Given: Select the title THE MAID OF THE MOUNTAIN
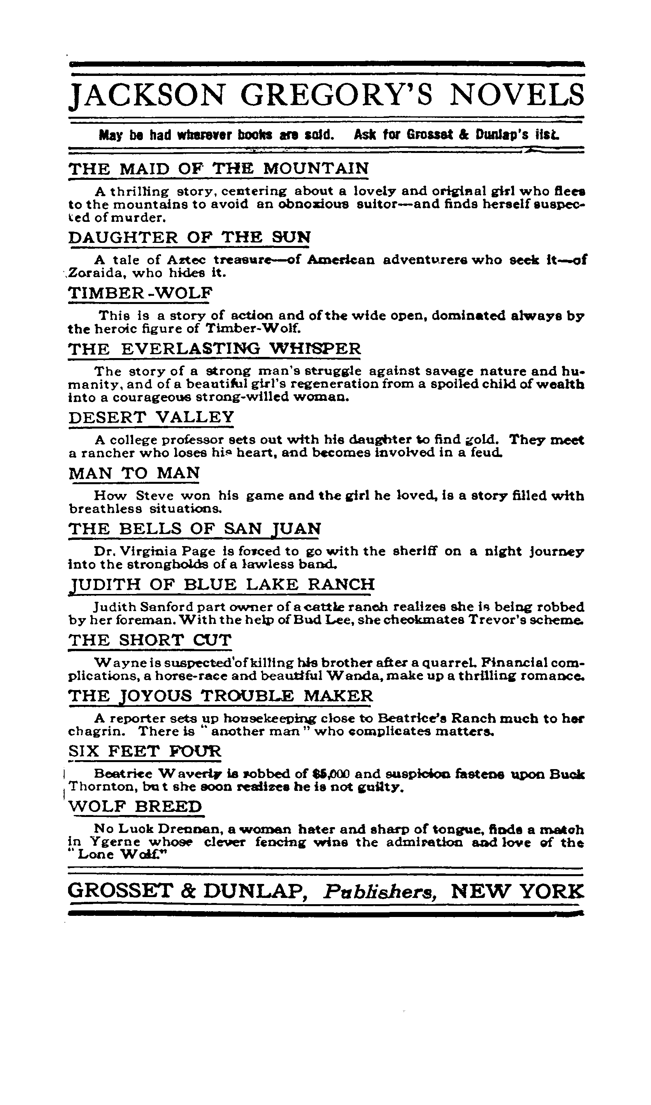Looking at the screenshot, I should click(x=218, y=169).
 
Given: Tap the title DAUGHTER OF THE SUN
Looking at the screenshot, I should click(x=190, y=237).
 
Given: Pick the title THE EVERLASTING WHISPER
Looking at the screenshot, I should click(x=214, y=349).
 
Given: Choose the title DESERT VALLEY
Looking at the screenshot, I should click(x=151, y=417).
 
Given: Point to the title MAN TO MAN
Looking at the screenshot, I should click(x=134, y=473).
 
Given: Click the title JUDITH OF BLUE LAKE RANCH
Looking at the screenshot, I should click(x=222, y=584).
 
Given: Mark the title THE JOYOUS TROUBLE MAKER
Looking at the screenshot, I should click(x=221, y=696).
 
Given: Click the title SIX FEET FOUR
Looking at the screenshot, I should click(x=145, y=752).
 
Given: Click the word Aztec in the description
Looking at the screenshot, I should click(x=186, y=260).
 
